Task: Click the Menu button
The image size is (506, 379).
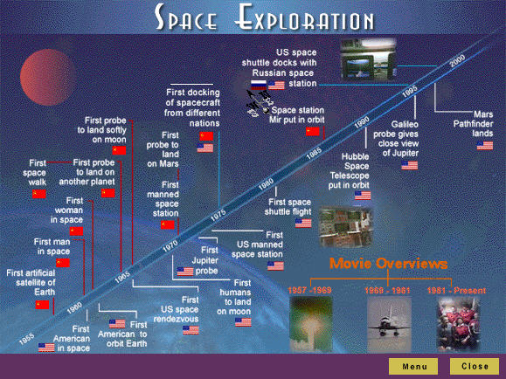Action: [414, 366]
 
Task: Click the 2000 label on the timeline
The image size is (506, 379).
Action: [456, 63]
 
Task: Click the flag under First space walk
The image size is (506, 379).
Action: [38, 193]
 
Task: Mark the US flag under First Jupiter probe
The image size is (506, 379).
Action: [185, 272]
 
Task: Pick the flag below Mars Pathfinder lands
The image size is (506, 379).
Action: [486, 145]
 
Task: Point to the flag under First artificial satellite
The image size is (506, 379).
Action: [43, 304]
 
